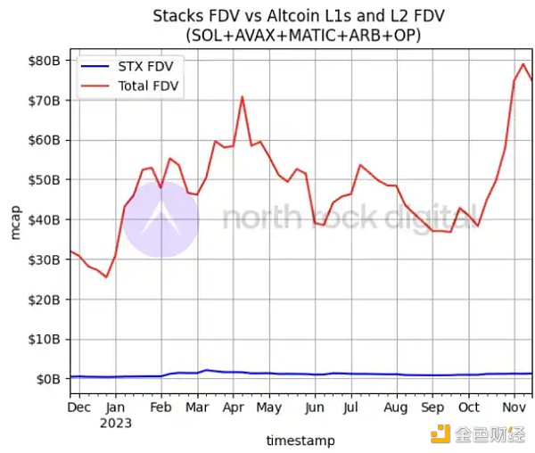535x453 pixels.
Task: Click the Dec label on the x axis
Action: click(79, 408)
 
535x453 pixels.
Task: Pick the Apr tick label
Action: click(234, 408)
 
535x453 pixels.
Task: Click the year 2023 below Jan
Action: click(116, 423)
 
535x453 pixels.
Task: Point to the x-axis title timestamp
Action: click(300, 441)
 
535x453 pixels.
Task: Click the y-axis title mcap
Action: click(15, 222)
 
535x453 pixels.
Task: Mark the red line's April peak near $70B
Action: click(242, 96)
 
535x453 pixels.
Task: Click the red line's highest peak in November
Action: click(523, 63)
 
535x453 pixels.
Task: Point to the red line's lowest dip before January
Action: click(106, 276)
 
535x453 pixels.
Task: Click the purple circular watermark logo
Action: click(160, 219)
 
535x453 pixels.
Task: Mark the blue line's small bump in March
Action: click(207, 369)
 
